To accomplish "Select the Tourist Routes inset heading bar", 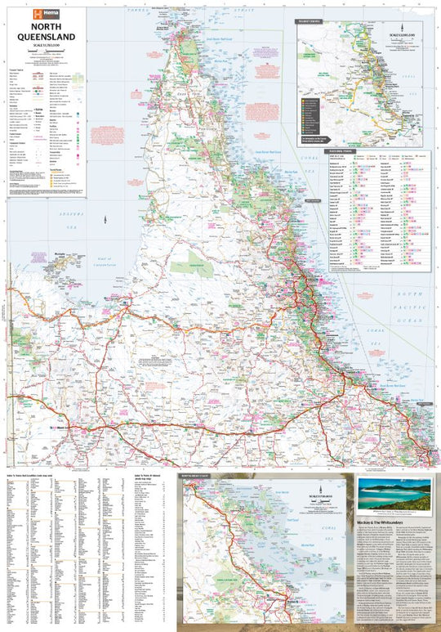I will (x=311, y=22).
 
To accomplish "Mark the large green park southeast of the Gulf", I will (x=188, y=262).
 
